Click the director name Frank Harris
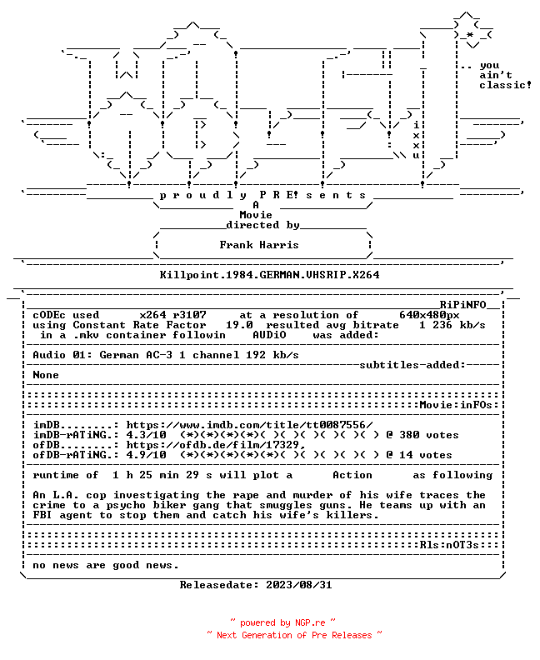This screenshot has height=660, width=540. [x=259, y=245]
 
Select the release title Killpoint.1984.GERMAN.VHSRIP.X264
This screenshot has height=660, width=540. [x=269, y=275]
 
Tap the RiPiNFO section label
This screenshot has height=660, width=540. [x=463, y=305]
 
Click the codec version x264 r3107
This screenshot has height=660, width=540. [x=173, y=315]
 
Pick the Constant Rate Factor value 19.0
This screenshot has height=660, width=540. [x=239, y=325]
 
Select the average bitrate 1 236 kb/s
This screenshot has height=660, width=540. [x=452, y=325]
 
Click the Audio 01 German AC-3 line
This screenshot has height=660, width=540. [x=166, y=355]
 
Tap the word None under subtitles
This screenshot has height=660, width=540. [x=46, y=375]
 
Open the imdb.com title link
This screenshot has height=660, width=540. [x=250, y=425]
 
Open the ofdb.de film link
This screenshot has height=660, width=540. [x=216, y=445]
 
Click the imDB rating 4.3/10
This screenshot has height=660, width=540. [x=146, y=435]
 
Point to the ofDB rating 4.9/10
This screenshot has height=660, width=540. [x=146, y=455]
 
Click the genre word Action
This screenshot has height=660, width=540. [x=352, y=475]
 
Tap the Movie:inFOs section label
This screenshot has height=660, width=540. [x=456, y=405]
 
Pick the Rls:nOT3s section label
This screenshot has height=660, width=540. [x=449, y=545]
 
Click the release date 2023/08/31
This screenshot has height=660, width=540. [x=299, y=585]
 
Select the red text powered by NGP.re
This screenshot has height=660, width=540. [x=282, y=623]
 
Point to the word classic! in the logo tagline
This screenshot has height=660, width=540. [x=505, y=85]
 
